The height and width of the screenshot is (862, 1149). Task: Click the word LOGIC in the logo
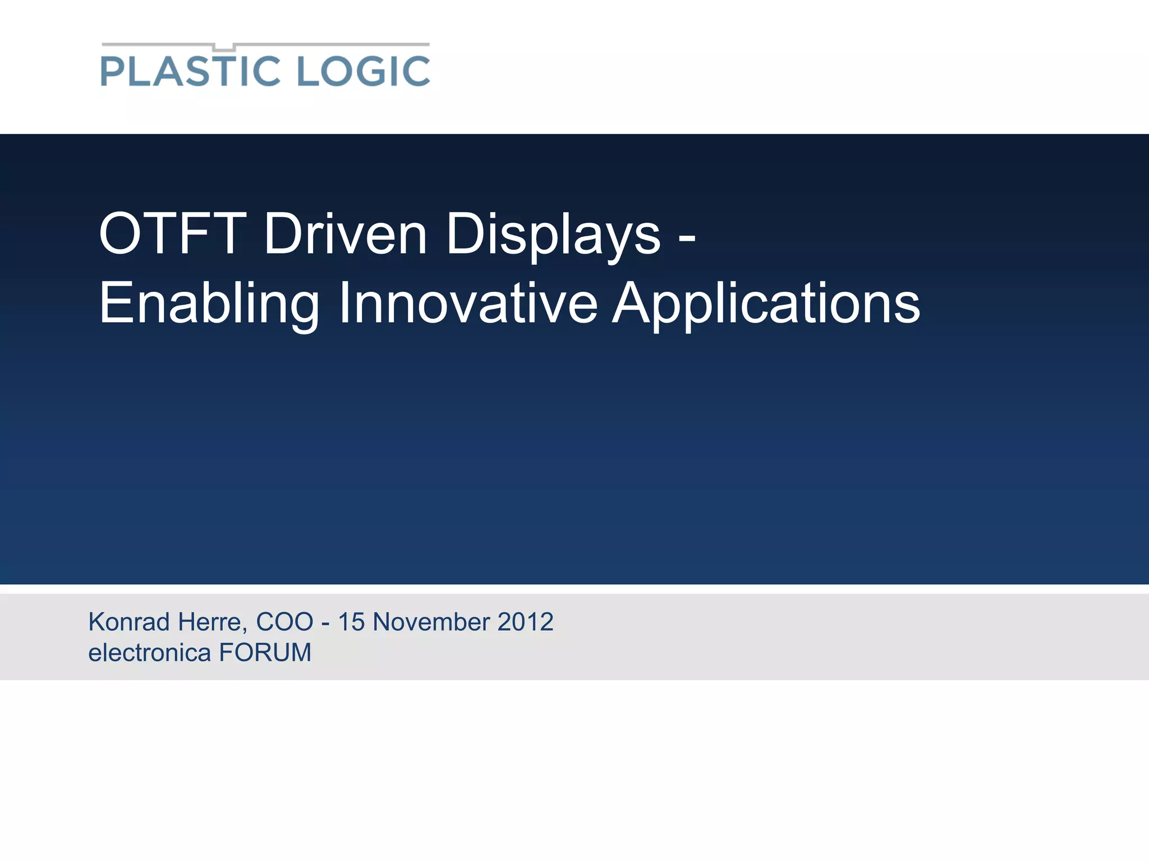[x=363, y=71]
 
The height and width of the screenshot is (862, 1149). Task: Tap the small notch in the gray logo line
[x=224, y=47]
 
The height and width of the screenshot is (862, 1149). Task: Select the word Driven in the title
[x=346, y=234]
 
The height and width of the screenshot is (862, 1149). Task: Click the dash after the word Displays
[x=687, y=238]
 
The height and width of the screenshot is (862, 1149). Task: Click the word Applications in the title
[x=766, y=304]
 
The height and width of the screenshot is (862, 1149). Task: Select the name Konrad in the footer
[x=129, y=622]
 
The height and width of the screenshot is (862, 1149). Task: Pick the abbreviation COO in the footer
[x=284, y=622]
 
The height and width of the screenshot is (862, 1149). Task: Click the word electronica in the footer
[x=149, y=653]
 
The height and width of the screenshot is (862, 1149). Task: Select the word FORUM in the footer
[x=265, y=653]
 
